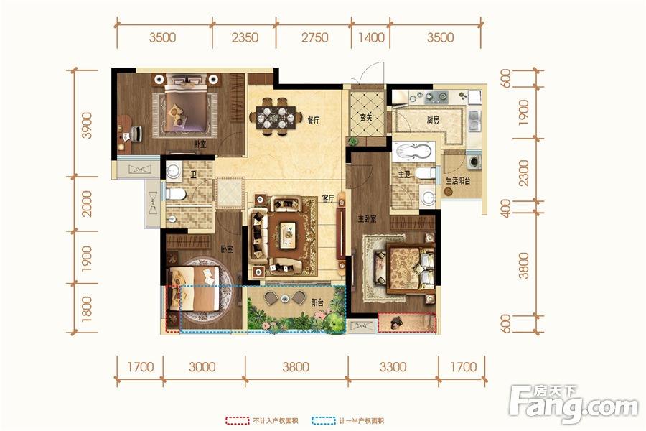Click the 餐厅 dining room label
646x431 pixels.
(x=314, y=121)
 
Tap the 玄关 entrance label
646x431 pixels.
(x=366, y=117)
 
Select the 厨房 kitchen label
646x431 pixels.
(x=433, y=120)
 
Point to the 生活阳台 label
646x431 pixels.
(x=458, y=180)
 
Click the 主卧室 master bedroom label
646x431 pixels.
(x=367, y=218)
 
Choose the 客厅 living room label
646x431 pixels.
(x=328, y=199)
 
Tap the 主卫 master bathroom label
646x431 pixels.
(x=403, y=175)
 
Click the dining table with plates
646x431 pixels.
(x=276, y=116)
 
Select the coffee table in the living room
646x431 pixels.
(x=288, y=235)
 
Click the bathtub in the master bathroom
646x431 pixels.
(x=413, y=152)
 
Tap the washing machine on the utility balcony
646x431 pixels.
(x=474, y=161)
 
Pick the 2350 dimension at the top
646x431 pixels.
(x=245, y=37)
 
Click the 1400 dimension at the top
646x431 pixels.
(x=371, y=37)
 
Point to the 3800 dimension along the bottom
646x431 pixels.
(x=296, y=366)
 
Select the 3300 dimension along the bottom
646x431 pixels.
(x=393, y=366)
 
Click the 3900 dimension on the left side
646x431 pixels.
(x=87, y=126)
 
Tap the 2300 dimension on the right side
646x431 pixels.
(x=523, y=173)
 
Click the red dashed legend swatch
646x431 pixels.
(x=238, y=421)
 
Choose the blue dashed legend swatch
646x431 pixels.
(x=324, y=421)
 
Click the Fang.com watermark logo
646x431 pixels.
(x=574, y=404)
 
